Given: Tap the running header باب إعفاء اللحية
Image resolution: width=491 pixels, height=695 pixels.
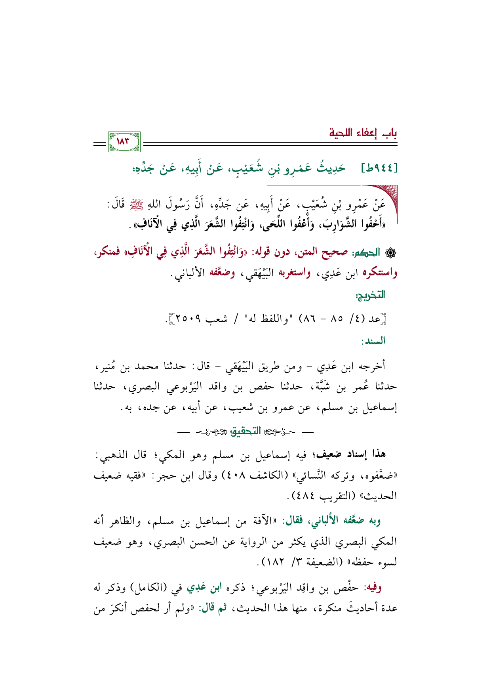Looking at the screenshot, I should pyautogui.click(x=363, y=132).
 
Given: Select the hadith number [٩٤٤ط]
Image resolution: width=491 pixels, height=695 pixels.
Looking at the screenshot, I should pyautogui.click(x=379, y=169).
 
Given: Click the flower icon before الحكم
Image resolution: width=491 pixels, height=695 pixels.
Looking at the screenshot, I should pyautogui.click(x=391, y=252).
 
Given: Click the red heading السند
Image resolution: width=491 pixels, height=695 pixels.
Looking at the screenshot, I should pyautogui.click(x=373, y=341).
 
